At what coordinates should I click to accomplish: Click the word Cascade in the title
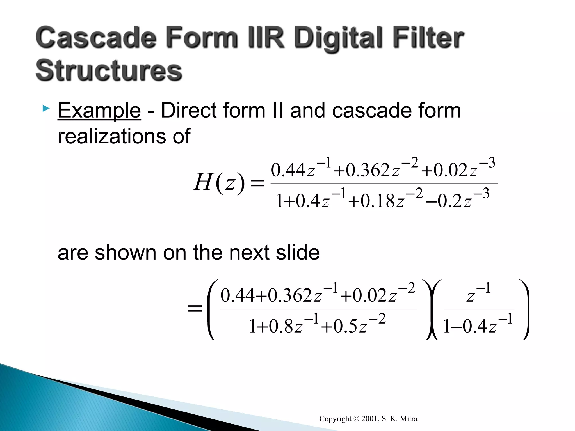click(x=95, y=38)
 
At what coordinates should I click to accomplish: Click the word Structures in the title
click(x=109, y=70)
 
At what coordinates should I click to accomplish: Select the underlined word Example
click(x=99, y=111)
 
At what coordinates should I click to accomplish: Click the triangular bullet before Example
click(x=46, y=108)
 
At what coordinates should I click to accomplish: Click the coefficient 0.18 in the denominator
click(x=378, y=201)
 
